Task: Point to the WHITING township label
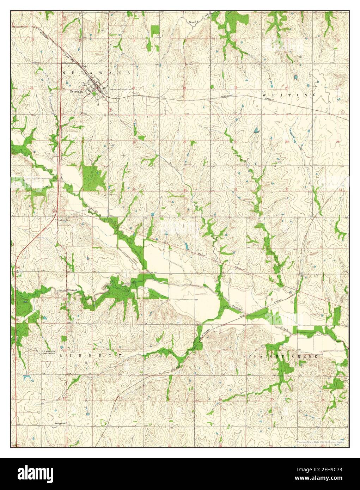[289, 95]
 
